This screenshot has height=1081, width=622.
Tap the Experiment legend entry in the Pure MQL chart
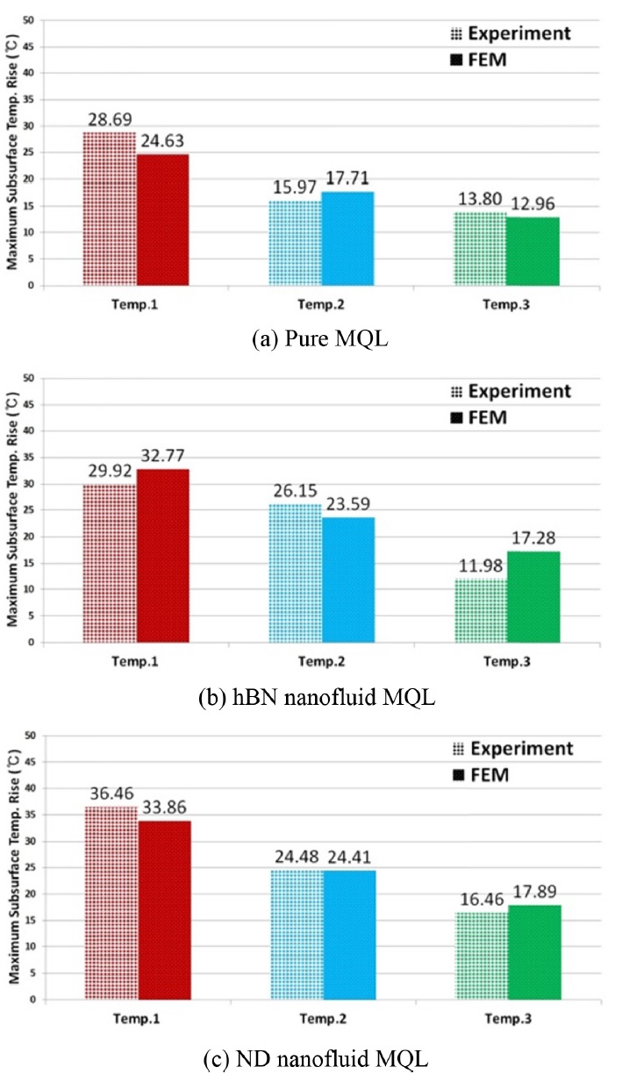[x=511, y=34]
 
